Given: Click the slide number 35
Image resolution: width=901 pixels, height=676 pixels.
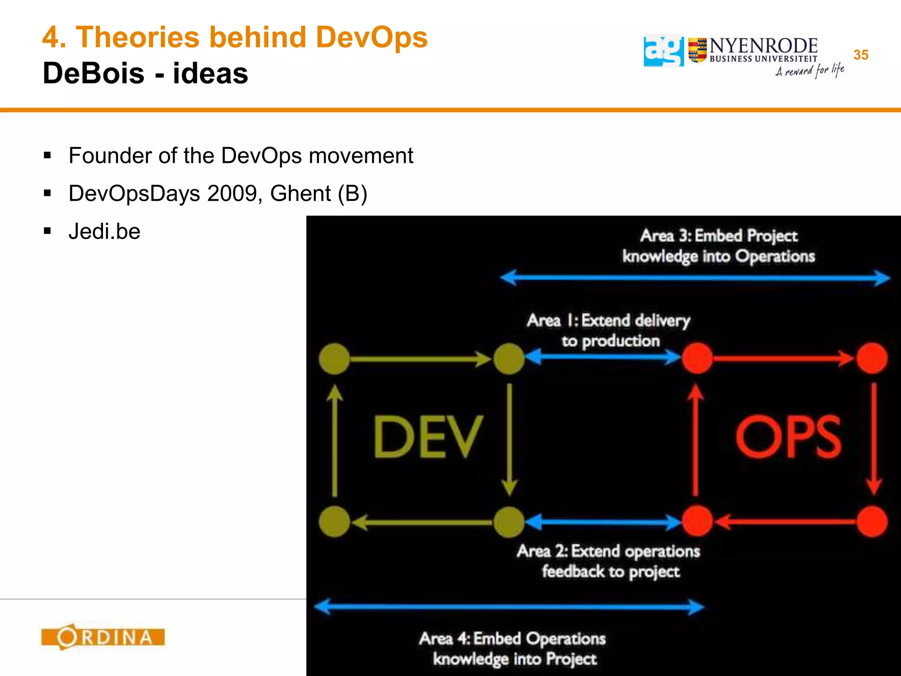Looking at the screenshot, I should [861, 55].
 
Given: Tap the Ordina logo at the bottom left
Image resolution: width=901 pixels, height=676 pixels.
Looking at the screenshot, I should [103, 637].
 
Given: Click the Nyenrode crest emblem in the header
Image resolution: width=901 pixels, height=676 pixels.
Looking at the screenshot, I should [697, 50].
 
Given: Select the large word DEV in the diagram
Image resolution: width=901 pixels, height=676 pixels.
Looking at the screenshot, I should [428, 437].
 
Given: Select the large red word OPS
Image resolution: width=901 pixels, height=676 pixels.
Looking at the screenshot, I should [788, 437].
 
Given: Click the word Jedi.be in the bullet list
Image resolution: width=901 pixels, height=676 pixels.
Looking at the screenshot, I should [104, 231].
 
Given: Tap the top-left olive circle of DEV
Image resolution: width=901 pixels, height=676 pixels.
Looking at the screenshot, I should [334, 359].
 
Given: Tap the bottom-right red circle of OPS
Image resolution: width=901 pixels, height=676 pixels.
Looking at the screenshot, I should [872, 522].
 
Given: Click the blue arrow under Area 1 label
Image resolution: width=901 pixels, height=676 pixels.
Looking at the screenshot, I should [603, 356].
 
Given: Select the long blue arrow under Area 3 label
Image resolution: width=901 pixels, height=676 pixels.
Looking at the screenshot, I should [695, 278].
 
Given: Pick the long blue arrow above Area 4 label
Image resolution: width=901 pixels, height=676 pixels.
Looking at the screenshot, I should [509, 607].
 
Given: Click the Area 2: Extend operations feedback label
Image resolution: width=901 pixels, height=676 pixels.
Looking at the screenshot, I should [609, 561].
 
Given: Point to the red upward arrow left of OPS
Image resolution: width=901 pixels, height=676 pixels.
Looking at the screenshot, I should [696, 440].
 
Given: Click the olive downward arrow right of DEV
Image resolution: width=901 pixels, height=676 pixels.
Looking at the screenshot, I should [509, 440].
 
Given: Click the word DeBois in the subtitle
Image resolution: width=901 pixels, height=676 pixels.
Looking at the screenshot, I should [93, 73].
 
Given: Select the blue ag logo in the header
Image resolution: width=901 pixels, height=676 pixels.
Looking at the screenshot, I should [663, 51].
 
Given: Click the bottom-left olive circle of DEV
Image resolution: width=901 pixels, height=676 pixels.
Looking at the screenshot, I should [334, 522].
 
